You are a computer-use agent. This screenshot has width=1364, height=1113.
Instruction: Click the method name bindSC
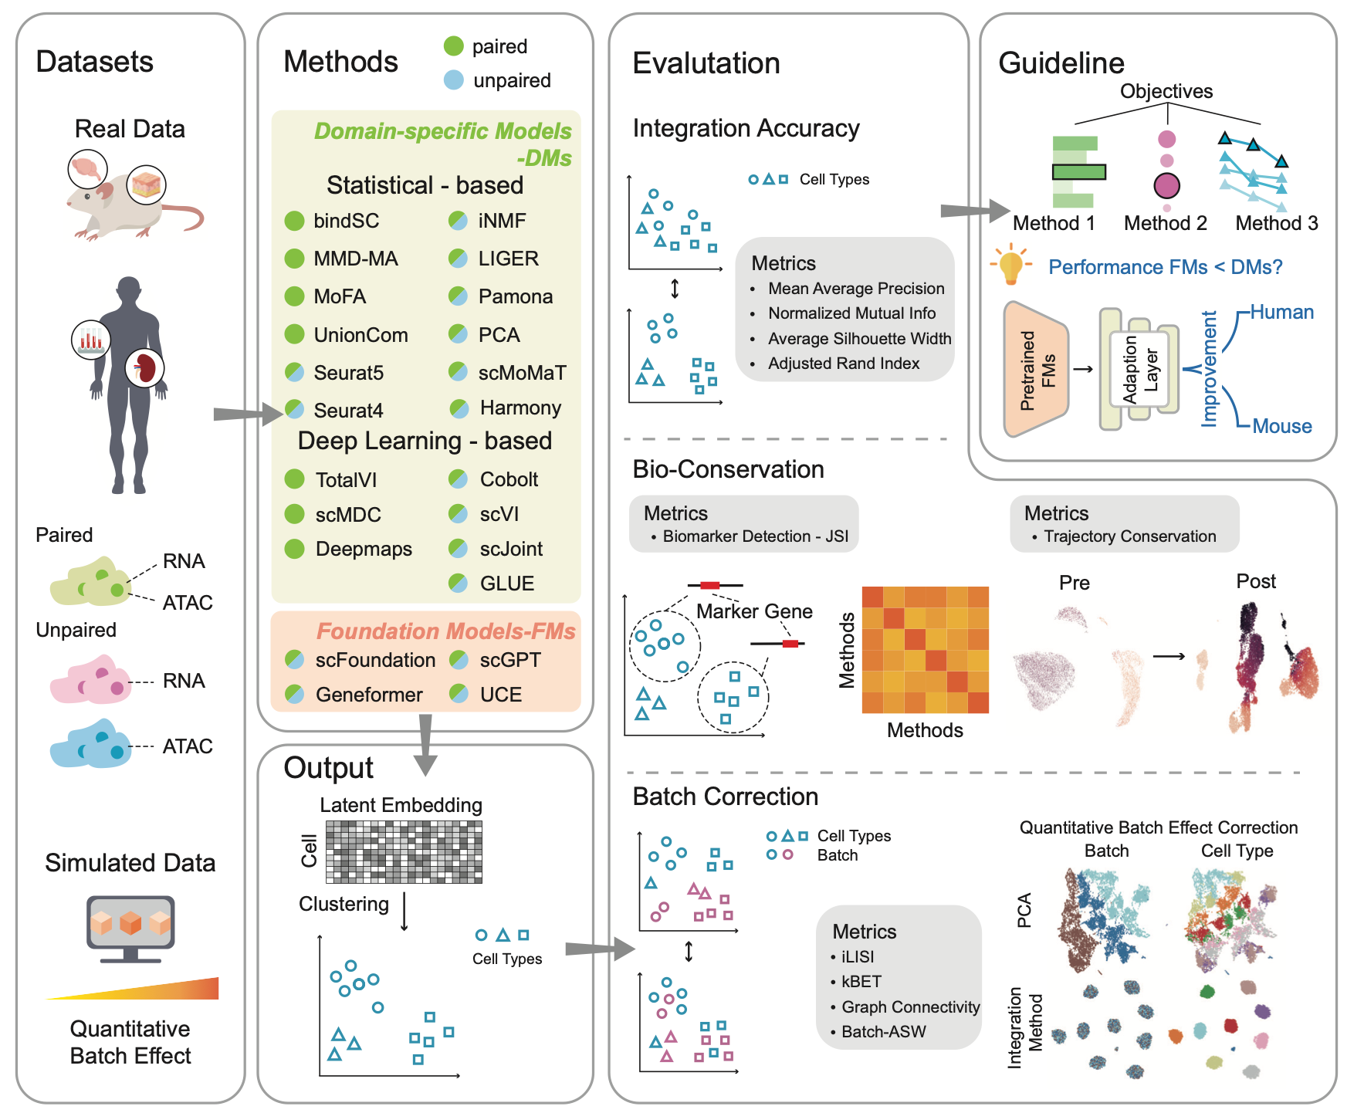coord(346,221)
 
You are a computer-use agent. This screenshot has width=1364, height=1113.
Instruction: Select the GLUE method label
coord(506,584)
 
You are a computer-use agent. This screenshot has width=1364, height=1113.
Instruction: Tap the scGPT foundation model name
coord(510,660)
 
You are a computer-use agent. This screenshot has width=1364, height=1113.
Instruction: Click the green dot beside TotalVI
coord(294,479)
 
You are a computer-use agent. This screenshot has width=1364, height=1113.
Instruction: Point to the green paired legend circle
coord(454,46)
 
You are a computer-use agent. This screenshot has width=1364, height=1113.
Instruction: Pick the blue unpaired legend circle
coord(454,79)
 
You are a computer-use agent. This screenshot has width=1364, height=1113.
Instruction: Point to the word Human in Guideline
coord(1281,312)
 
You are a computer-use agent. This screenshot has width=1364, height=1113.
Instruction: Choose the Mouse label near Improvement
coord(1281,426)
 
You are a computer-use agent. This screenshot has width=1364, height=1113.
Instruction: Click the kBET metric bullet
coord(861,982)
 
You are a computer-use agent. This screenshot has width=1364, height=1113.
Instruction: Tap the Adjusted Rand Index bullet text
coord(843,364)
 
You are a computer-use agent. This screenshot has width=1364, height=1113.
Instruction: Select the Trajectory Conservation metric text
coord(1129,536)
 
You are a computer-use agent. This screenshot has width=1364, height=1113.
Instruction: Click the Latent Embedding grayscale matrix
coord(404,851)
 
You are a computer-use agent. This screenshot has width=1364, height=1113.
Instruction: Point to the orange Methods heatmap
coord(925,649)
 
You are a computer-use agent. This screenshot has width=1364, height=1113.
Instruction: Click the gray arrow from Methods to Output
coord(425,744)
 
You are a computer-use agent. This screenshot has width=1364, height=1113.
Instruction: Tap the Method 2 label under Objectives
coord(1165,223)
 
